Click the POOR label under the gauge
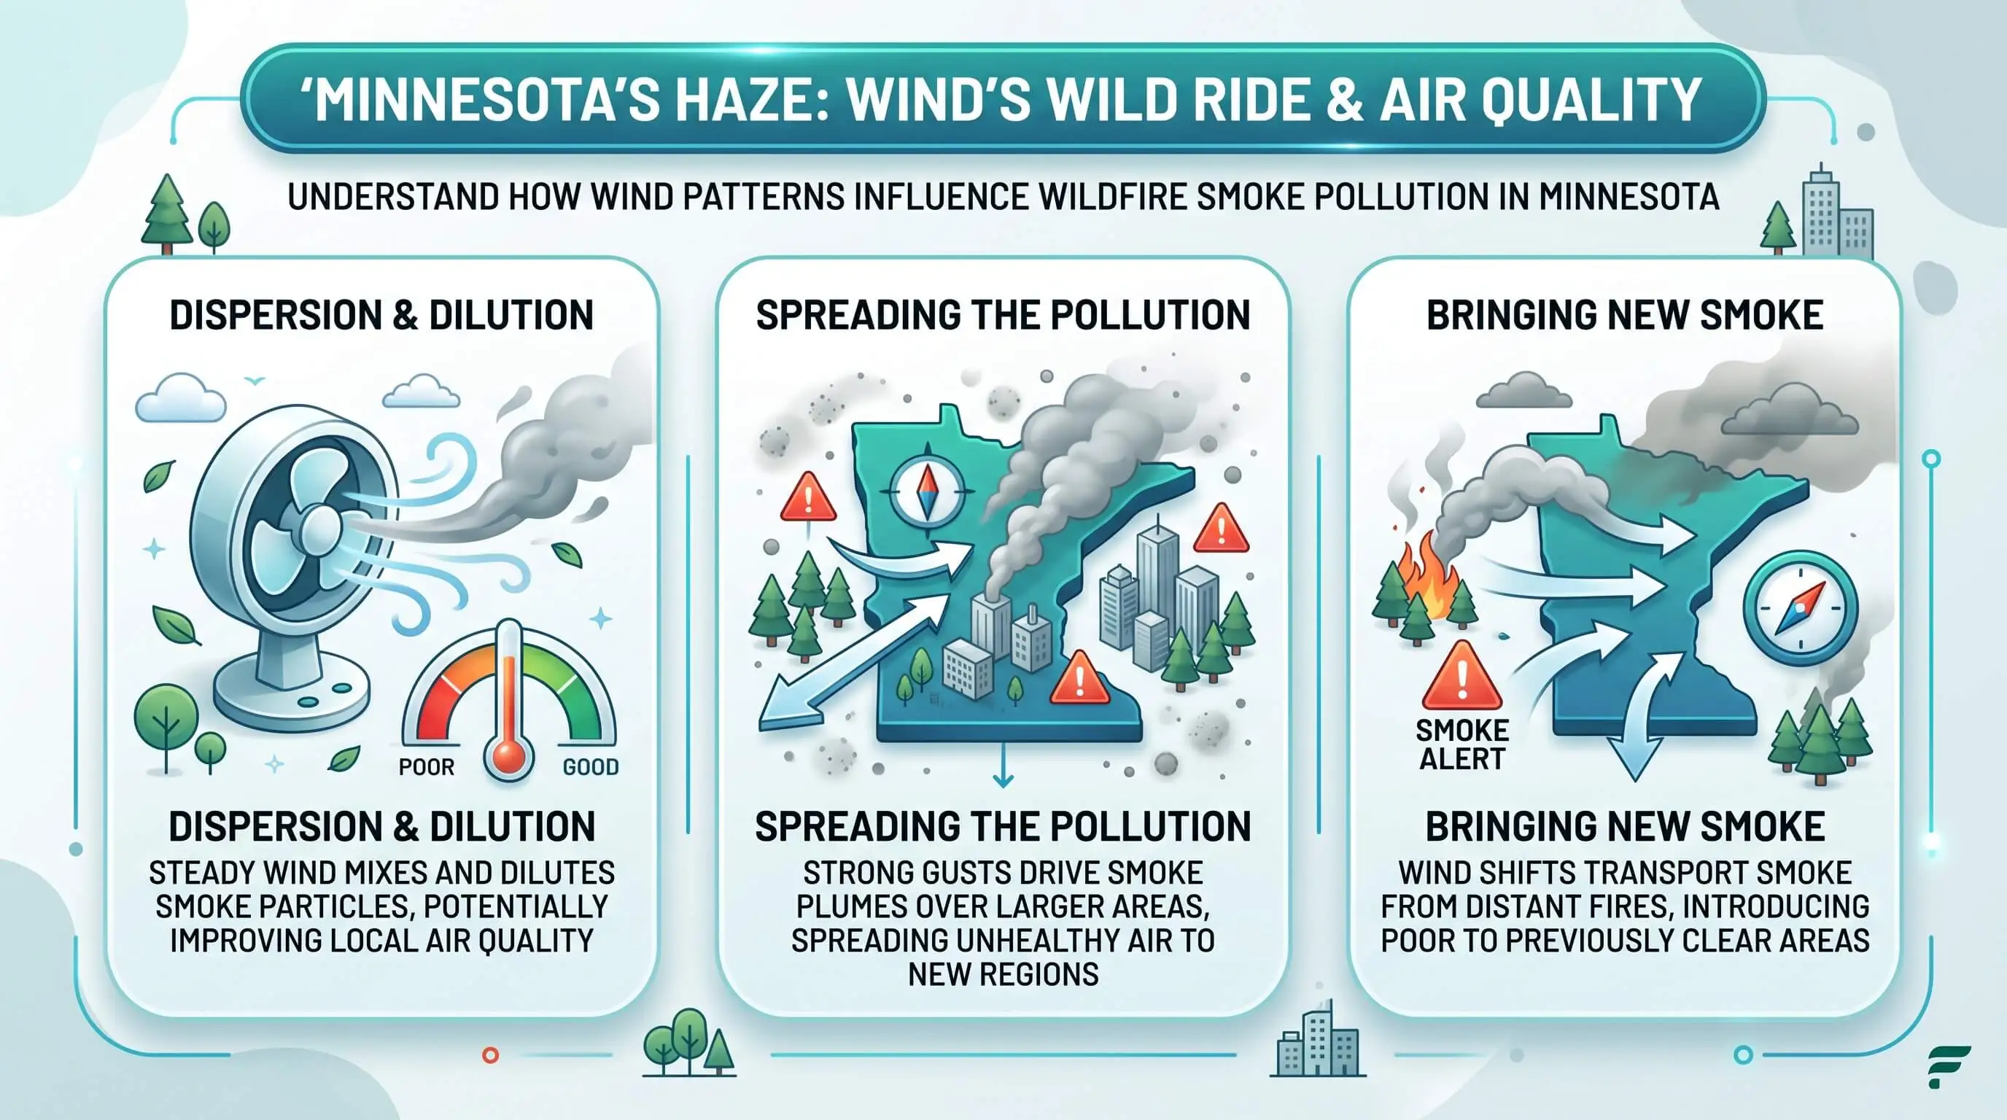(426, 767)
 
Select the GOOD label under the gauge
(591, 767)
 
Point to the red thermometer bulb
(509, 756)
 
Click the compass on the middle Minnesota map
(927, 491)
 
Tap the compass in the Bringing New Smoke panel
(1801, 608)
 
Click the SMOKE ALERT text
(1461, 744)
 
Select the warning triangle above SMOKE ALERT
(1461, 676)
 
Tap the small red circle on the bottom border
(490, 1055)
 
